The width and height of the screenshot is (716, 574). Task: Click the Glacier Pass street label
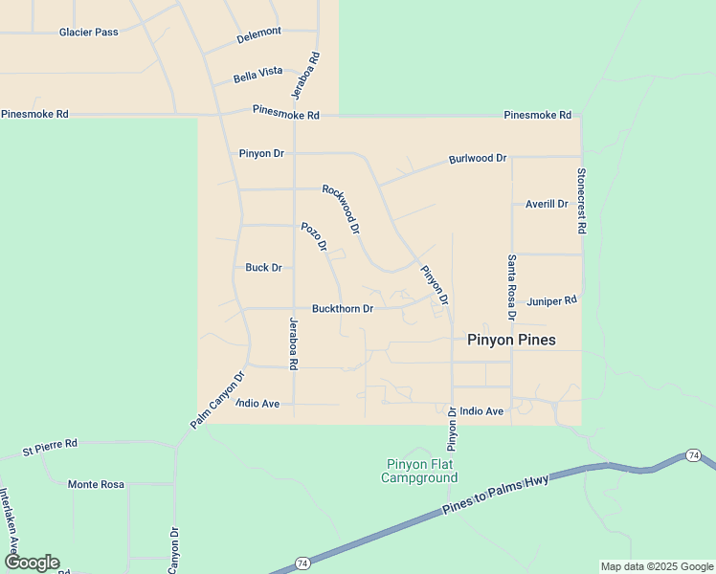pos(88,32)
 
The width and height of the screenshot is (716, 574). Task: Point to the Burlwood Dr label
pos(477,158)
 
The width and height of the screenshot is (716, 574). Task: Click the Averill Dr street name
pos(547,204)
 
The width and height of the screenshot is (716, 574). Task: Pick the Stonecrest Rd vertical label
pos(580,202)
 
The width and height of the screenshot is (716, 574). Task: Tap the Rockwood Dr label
pos(342,210)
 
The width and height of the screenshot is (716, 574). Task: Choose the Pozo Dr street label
pos(315,237)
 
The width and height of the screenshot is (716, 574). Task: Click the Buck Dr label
pos(263,268)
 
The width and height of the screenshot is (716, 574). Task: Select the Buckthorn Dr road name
pos(342,309)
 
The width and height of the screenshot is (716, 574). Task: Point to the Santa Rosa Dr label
pos(512,287)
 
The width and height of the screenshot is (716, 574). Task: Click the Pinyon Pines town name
pos(511,340)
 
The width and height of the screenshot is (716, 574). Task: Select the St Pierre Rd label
pos(50,445)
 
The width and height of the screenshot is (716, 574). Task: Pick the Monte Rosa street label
pos(96,484)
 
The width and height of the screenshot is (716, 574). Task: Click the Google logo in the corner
pos(31,563)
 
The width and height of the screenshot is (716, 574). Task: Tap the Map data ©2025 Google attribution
pos(657,566)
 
